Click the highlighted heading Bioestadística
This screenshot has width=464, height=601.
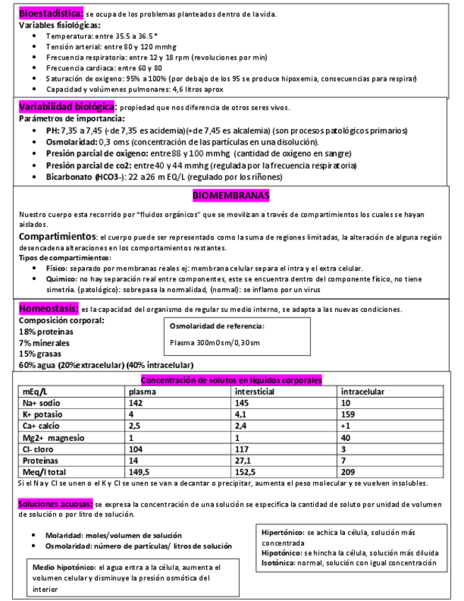pos(50,13)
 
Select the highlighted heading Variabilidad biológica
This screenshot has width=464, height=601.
pos(67,106)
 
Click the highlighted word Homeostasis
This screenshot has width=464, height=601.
pos(48,309)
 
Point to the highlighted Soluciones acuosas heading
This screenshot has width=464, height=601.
pos(55,503)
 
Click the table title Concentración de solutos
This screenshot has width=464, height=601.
pos(231,380)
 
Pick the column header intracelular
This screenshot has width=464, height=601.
pos(363,391)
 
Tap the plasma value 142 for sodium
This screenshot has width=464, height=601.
pos(136,403)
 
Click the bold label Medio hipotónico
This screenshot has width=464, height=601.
pos(65,568)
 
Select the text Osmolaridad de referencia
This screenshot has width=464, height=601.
pos(217,326)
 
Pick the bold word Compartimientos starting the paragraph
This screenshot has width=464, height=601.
pos(57,236)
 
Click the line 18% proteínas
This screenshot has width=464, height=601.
pos(47,332)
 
